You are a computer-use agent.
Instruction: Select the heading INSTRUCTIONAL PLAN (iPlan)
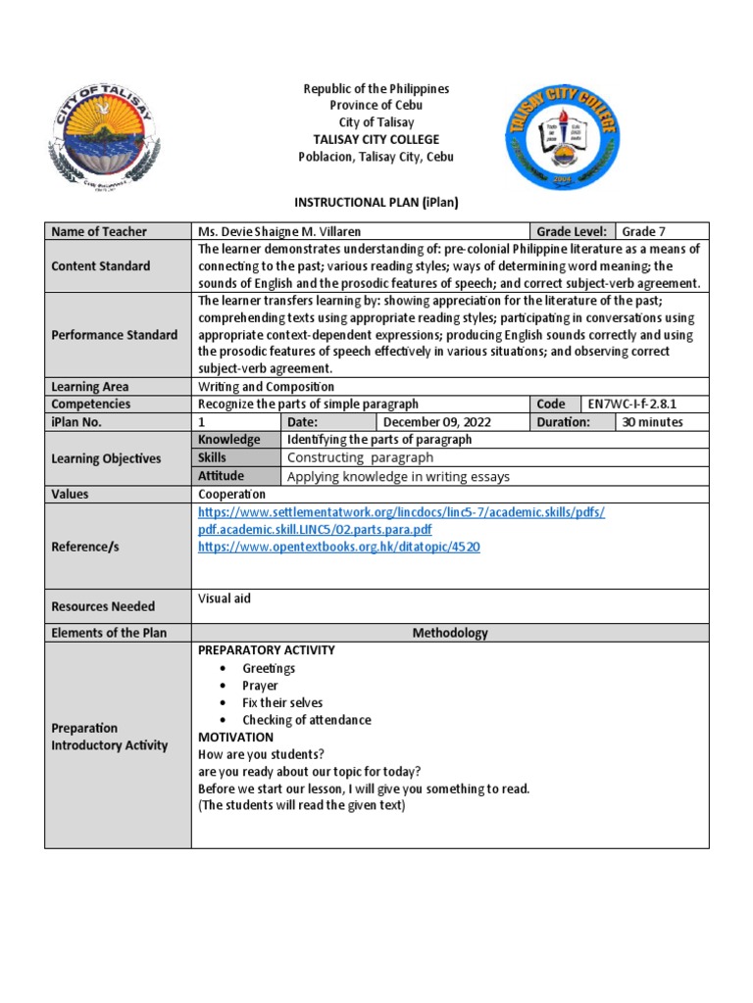(376, 202)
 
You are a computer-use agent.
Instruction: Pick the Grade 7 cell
(643, 232)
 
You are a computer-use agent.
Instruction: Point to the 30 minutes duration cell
(650, 422)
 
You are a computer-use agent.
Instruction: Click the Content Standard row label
(101, 266)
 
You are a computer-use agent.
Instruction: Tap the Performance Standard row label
(115, 335)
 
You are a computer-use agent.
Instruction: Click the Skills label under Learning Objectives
(212, 457)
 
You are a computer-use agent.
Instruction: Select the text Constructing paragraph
(360, 457)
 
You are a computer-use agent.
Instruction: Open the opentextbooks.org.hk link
(338, 548)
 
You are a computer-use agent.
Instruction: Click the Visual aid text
(225, 598)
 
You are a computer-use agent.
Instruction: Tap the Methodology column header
(450, 633)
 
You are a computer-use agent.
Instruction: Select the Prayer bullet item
(260, 686)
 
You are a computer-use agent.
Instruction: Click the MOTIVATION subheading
(236, 737)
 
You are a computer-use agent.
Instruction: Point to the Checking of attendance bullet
(306, 720)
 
